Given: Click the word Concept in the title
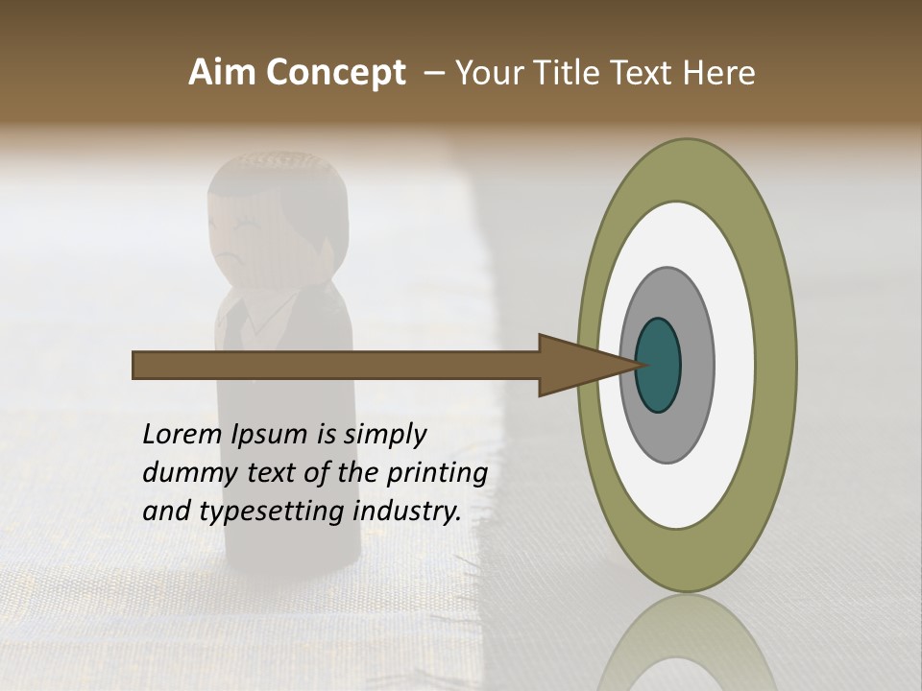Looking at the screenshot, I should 336,74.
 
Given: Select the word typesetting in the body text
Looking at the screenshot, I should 271,512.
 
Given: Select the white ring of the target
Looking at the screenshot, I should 735,365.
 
